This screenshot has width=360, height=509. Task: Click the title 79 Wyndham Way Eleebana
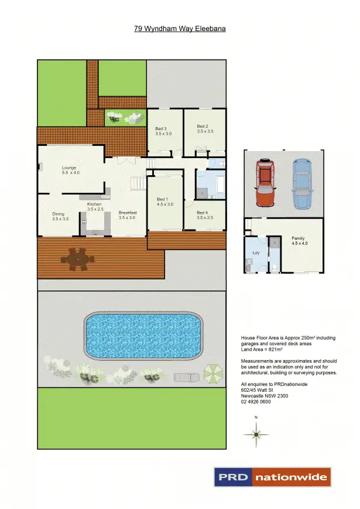click(x=180, y=28)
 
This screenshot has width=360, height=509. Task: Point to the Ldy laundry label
click(x=256, y=253)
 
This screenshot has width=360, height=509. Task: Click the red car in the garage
click(x=265, y=183)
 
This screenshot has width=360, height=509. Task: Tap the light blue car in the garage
click(x=301, y=183)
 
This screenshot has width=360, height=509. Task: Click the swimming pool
click(x=143, y=336)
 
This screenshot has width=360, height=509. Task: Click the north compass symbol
click(x=256, y=433)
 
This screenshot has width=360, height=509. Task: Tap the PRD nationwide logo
click(x=272, y=477)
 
